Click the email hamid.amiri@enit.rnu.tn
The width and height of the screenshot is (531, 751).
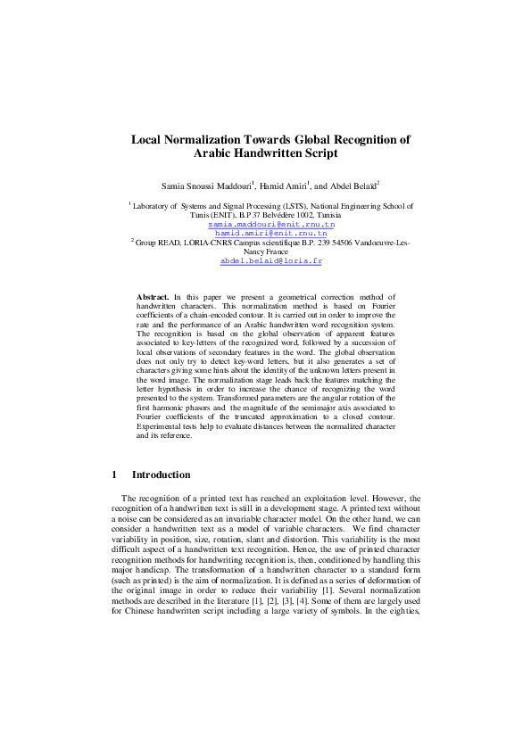click(265, 233)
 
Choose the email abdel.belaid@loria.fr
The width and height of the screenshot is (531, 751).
click(265, 261)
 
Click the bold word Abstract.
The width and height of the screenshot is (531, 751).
click(153, 295)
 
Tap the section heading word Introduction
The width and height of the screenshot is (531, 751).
click(161, 475)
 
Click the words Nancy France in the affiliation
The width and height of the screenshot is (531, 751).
click(265, 252)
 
